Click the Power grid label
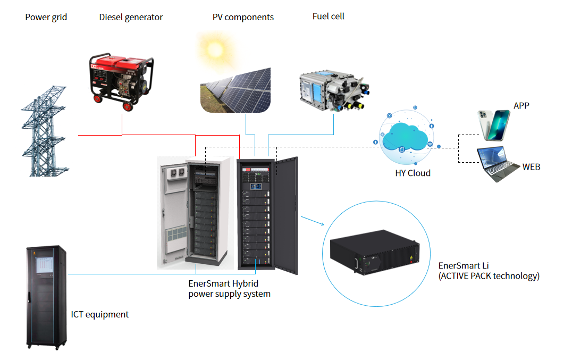46,18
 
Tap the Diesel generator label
131,18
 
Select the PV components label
243,18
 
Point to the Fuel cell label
328,16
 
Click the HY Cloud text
413,173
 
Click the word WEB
531,167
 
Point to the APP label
521,106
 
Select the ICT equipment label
100,315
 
